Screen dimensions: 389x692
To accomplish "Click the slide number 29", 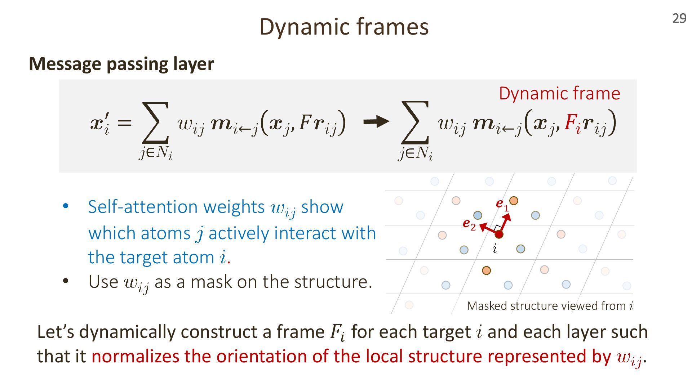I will point(679,18).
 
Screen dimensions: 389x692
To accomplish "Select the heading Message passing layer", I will point(121,64).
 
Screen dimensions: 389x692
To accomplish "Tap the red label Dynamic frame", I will point(559,93).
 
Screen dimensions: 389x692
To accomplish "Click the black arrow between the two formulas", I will point(376,122).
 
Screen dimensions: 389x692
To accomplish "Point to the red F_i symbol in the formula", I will point(573,122).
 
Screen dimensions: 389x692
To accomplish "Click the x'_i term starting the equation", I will point(100,123).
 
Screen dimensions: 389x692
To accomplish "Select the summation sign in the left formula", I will point(155,122).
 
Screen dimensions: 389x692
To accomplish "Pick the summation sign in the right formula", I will point(415,122).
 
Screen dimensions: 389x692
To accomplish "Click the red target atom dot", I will point(499,234).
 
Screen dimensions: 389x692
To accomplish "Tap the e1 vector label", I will point(502,204).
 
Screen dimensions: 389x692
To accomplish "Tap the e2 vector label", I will point(469,224).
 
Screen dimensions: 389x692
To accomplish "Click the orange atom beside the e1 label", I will point(514,201).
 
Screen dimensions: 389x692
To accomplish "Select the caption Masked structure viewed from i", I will point(550,306).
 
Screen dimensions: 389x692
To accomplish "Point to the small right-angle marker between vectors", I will point(497,228).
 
